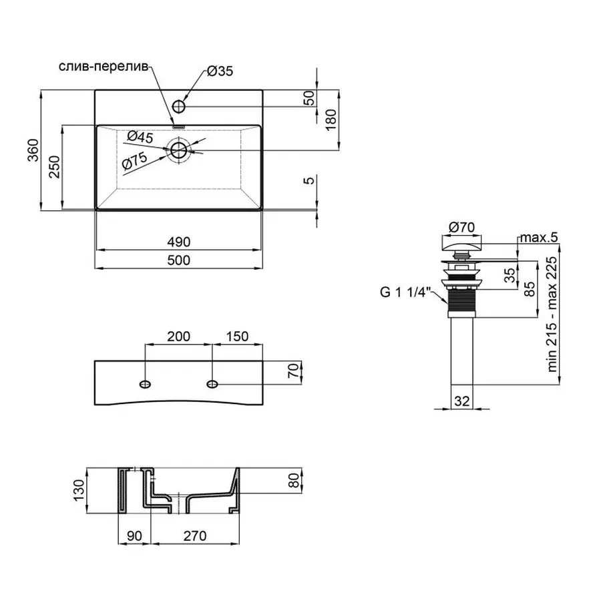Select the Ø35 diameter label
click(220, 72)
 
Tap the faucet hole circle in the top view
click(179, 106)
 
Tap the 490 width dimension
click(179, 241)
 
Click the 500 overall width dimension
click(179, 260)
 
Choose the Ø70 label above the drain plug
click(461, 227)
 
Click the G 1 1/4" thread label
click(406, 292)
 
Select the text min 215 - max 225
click(552, 315)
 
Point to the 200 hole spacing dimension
click(179, 336)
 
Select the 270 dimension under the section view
click(194, 536)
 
